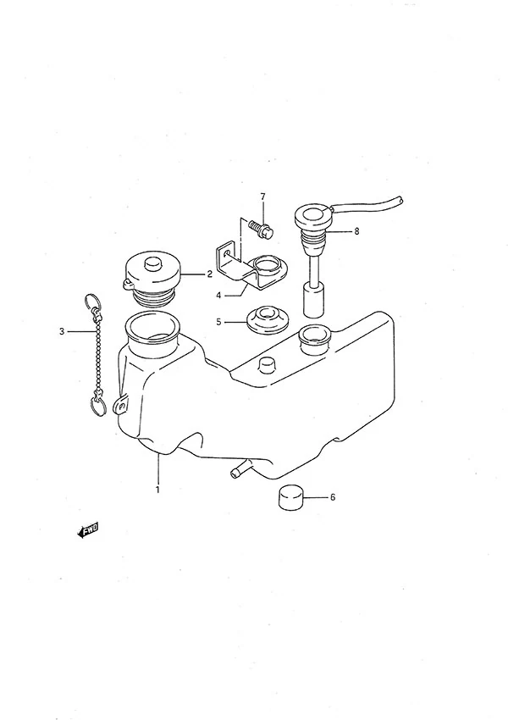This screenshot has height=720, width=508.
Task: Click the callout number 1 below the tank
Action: [x=157, y=490]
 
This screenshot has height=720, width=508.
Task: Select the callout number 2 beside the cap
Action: [x=209, y=274]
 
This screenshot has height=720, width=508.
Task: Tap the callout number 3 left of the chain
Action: [x=62, y=331]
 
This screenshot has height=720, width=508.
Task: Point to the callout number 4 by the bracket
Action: [x=218, y=296]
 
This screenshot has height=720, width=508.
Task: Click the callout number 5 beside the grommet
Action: [x=218, y=322]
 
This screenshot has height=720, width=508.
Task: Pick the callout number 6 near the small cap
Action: [x=333, y=497]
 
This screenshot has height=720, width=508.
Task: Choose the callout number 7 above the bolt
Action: [x=263, y=197]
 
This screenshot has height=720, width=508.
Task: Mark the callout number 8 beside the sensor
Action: [x=356, y=231]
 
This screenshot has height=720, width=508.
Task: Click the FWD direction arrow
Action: [x=88, y=531]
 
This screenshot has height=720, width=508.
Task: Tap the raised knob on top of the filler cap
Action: [x=152, y=264]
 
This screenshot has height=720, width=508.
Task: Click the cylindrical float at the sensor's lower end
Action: [x=314, y=301]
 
